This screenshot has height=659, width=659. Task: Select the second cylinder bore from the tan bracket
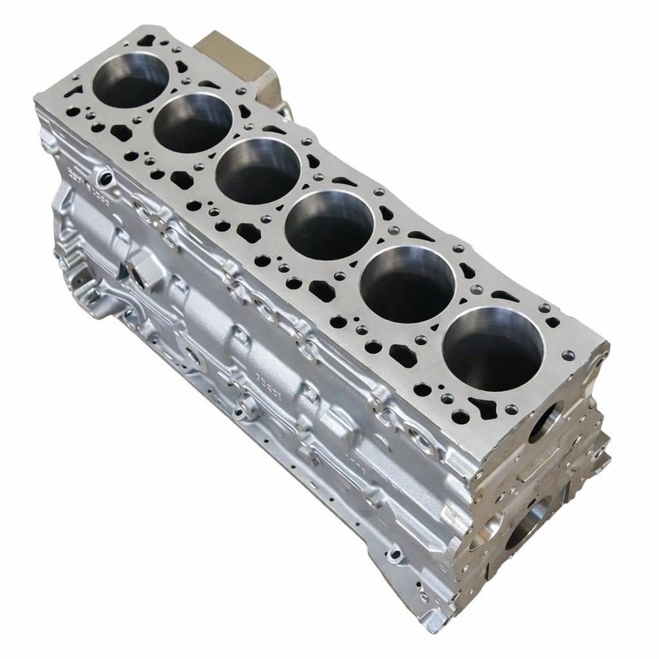[x=193, y=122]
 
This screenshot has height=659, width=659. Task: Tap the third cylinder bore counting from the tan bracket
[x=257, y=171]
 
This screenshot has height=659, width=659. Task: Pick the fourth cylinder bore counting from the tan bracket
[x=329, y=225]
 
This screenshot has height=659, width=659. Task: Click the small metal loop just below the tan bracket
[x=284, y=113]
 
